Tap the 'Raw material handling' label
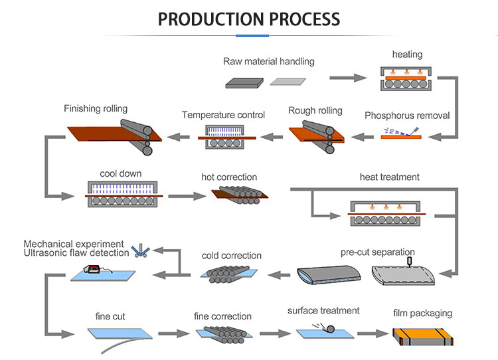(269, 62)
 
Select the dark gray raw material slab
(245, 82)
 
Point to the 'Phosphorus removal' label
(407, 116)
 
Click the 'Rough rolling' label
(315, 111)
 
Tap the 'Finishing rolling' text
(96, 108)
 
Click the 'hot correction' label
(229, 177)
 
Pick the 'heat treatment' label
(390, 177)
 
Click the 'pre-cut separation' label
(378, 253)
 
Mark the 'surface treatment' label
(323, 310)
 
